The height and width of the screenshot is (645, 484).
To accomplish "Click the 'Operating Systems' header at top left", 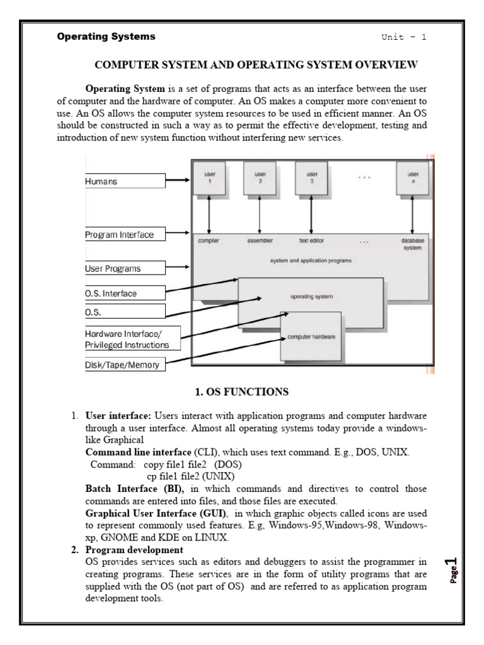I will pos(106,37).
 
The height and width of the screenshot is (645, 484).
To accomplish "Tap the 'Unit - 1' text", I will pos(403,37).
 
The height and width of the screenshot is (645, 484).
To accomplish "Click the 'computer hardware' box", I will pos(311,337).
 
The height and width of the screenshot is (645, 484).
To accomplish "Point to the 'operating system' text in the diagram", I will pos(311,295).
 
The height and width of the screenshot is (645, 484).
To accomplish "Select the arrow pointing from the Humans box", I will pos(178,181).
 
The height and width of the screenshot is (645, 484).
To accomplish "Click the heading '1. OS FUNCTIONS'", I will pos(241,392).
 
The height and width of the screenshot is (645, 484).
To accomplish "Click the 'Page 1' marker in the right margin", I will pos(451,570).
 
